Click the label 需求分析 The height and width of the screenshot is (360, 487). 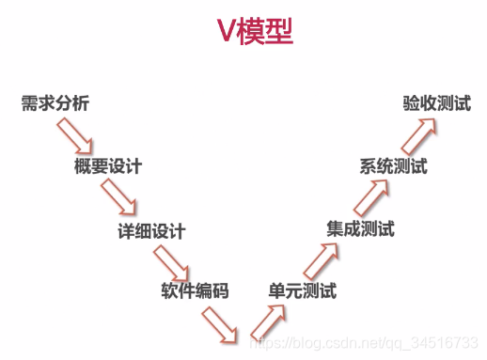tap(55, 103)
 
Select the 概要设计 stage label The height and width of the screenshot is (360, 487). tap(107, 167)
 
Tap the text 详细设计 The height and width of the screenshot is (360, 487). tap(151, 231)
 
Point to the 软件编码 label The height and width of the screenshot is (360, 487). tap(195, 290)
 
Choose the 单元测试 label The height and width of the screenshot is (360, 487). tap(302, 290)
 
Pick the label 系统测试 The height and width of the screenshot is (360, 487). tap(393, 167)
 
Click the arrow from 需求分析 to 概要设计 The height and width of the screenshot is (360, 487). tap(75, 138)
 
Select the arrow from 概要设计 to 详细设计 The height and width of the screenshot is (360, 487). tap(121, 200)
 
